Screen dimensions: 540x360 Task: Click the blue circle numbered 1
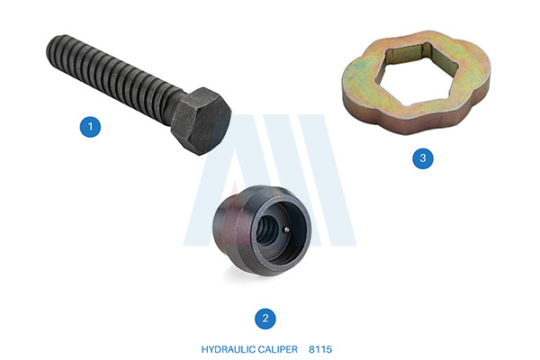[x=90, y=127]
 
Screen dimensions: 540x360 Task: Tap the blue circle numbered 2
[x=265, y=319]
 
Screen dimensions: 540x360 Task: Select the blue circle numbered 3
[x=423, y=158]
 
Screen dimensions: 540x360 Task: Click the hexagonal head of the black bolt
[x=201, y=121]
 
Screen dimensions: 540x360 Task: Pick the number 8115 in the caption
[x=320, y=349]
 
